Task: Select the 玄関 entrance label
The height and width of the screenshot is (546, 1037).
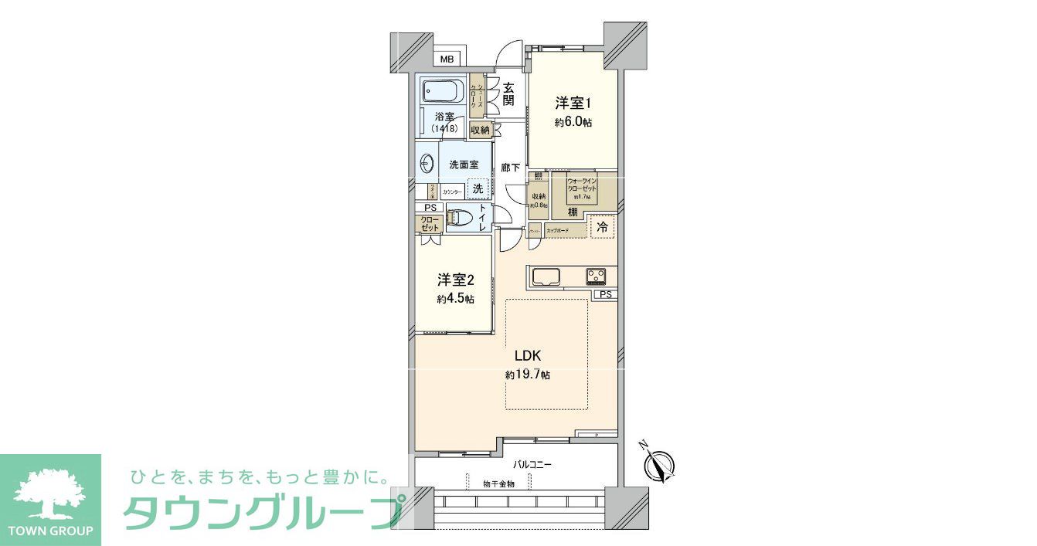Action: (508, 94)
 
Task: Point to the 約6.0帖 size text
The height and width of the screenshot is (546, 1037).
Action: (573, 122)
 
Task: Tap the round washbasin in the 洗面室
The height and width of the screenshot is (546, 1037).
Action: (427, 164)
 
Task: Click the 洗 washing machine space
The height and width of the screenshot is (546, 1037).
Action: (478, 188)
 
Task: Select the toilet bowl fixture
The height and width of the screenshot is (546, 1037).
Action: (457, 219)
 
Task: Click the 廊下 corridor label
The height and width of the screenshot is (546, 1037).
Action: (510, 167)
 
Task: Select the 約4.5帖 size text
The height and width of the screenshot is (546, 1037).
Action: (455, 299)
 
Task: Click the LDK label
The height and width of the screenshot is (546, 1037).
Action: (529, 356)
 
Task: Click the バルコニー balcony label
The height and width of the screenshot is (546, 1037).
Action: (532, 465)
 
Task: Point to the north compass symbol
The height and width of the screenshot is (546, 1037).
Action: (658, 464)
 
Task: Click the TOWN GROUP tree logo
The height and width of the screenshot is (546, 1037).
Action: (50, 494)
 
